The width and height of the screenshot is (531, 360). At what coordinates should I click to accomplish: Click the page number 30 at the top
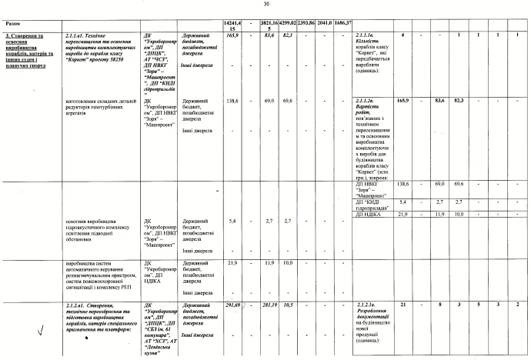(x=265, y=4)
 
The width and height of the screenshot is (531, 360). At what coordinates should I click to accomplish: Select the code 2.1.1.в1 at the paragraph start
(x=78, y=36)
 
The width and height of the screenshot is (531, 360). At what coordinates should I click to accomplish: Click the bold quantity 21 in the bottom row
(x=402, y=305)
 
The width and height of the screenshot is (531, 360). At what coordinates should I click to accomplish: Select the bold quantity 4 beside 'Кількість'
(x=402, y=36)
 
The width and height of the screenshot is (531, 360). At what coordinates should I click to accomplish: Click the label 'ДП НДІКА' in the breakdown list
(x=370, y=214)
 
